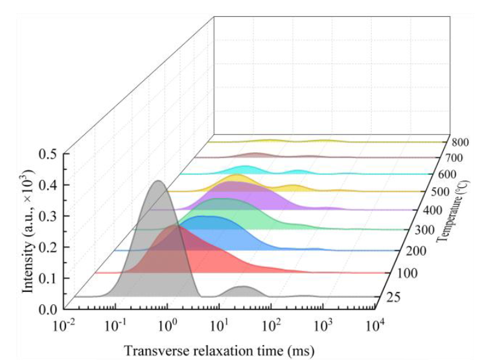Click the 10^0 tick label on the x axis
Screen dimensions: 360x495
(168, 323)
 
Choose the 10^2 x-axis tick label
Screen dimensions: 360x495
(271, 323)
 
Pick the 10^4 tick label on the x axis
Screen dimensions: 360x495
(373, 323)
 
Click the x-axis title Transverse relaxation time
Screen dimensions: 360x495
(219, 350)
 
